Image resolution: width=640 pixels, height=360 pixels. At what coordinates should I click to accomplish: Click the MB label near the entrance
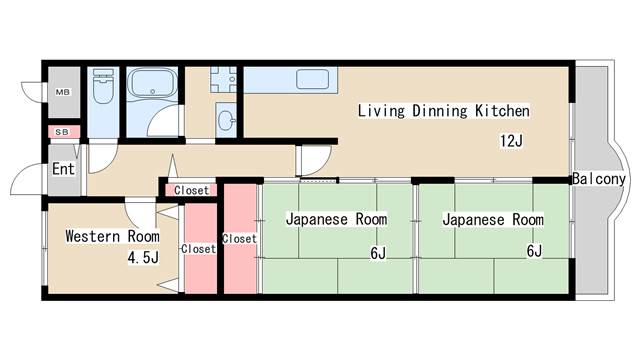[x=62, y=93]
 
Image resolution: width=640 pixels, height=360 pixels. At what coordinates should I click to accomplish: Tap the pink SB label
[x=62, y=131]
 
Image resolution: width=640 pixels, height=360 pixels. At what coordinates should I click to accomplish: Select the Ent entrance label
[x=63, y=169]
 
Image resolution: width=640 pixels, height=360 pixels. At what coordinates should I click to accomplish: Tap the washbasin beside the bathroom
[x=227, y=122]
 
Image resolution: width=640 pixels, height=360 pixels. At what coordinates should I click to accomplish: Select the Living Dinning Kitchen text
[x=443, y=111]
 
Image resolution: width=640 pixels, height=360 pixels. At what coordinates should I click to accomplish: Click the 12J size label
[x=511, y=141]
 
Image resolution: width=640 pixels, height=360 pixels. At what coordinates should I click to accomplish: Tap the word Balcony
[x=599, y=179]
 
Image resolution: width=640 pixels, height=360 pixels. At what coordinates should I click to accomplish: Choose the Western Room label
[x=112, y=236]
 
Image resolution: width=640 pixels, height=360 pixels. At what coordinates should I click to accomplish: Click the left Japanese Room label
[x=336, y=219]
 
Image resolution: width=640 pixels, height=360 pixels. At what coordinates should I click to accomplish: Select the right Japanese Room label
[x=492, y=219]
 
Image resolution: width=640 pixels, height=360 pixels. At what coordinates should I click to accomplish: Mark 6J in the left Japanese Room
[x=377, y=253]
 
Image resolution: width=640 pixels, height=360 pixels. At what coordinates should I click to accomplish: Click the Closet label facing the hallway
[x=191, y=190]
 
